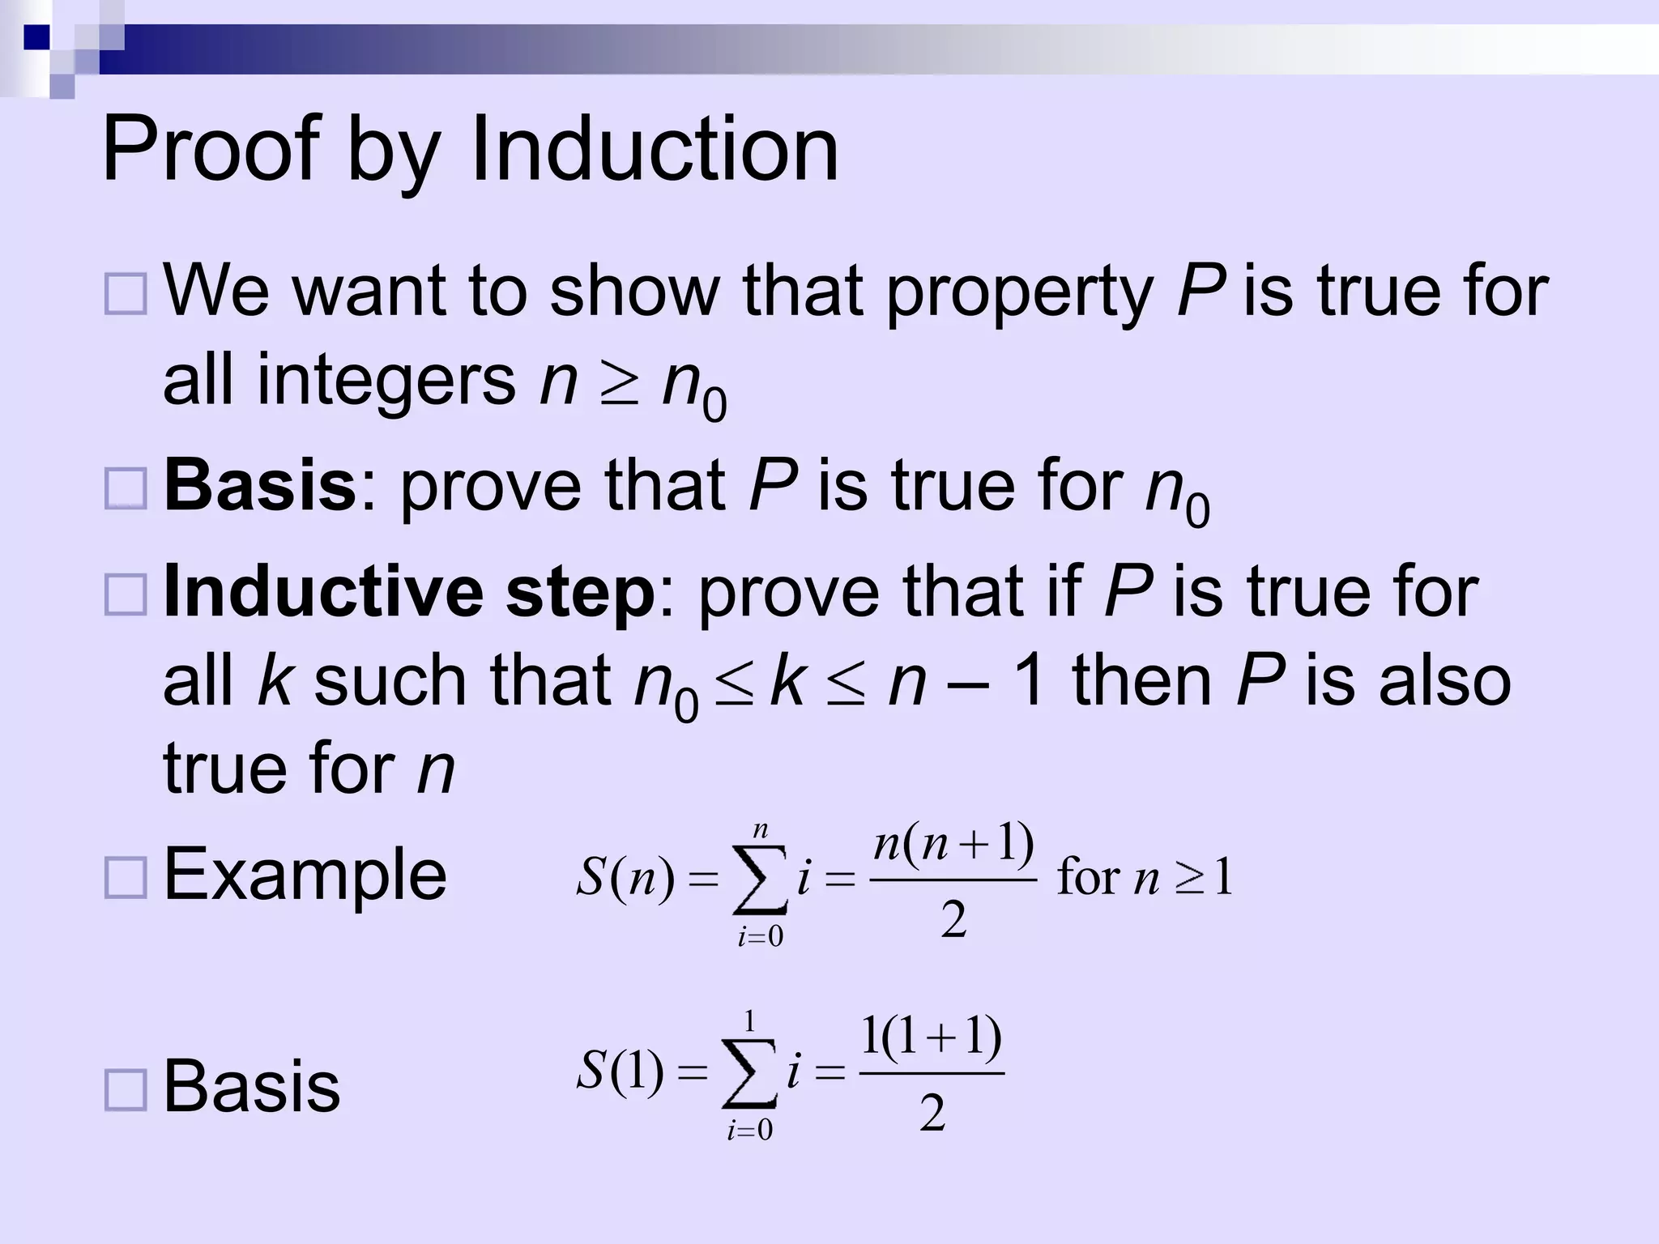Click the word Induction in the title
pos(654,149)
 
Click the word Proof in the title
pos(212,149)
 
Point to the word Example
pos(305,874)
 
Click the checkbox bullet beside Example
pos(126,878)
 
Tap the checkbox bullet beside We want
pos(126,293)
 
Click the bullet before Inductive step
pos(126,594)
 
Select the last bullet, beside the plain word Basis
pos(126,1089)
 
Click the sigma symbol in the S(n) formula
pos(759,880)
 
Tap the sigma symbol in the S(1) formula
pos(749,1073)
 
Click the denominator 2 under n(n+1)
pos(953,920)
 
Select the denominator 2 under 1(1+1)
pos(932,1113)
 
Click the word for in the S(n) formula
pos(1089,877)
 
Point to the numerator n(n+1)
pos(953,845)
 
